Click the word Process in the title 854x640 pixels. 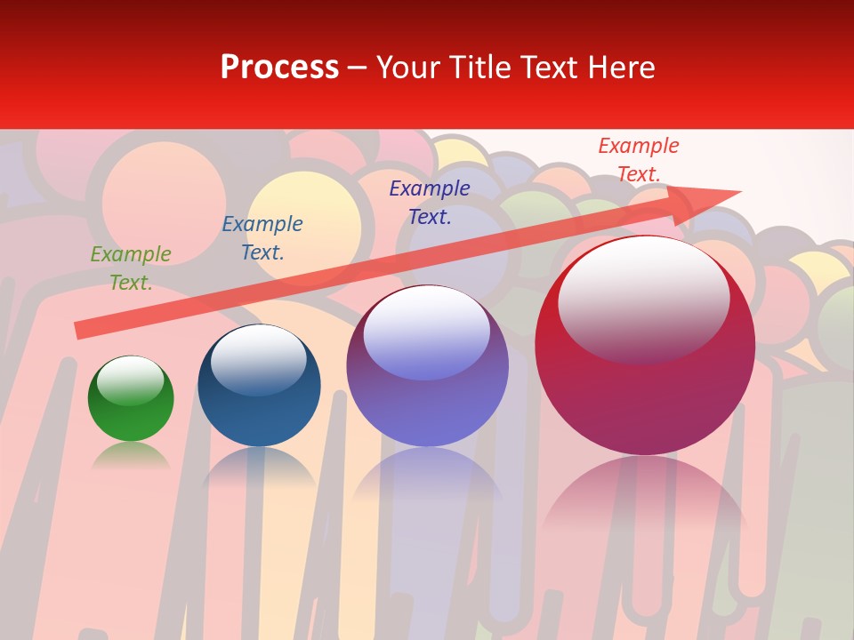click(279, 68)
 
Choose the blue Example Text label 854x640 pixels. click(262, 238)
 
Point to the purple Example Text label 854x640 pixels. click(430, 202)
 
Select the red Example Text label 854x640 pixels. click(639, 160)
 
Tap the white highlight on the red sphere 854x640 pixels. click(644, 298)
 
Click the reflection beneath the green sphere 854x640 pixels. click(131, 456)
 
